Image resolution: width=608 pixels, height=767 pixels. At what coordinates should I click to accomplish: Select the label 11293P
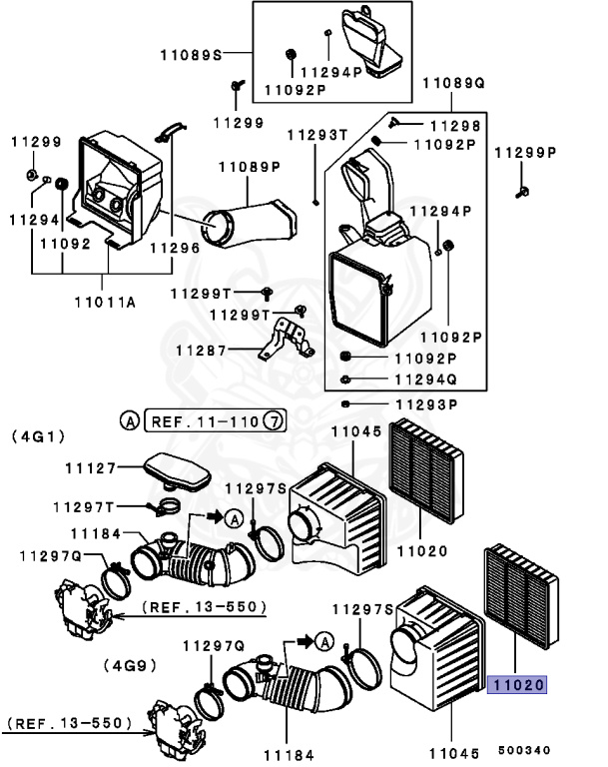point(426,404)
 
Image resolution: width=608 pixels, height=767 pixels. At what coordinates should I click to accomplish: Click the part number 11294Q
point(426,381)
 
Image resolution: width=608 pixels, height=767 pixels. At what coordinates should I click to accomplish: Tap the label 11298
point(455,126)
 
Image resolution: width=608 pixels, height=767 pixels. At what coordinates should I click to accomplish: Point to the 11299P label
point(526,153)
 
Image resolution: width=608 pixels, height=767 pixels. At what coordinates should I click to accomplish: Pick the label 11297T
point(84,506)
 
